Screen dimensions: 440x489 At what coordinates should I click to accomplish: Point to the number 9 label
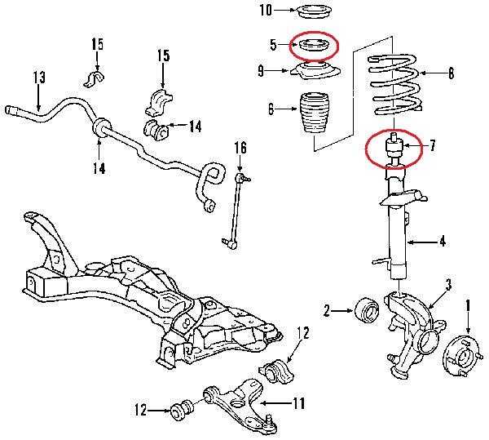[x=261, y=72]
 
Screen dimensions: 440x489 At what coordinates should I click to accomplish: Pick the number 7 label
[x=433, y=146]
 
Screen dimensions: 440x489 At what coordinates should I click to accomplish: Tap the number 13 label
[x=38, y=78]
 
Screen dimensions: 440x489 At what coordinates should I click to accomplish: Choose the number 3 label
[x=447, y=284]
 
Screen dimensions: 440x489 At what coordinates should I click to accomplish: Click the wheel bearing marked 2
[x=364, y=310]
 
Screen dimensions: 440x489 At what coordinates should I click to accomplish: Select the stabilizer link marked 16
[x=232, y=208]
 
